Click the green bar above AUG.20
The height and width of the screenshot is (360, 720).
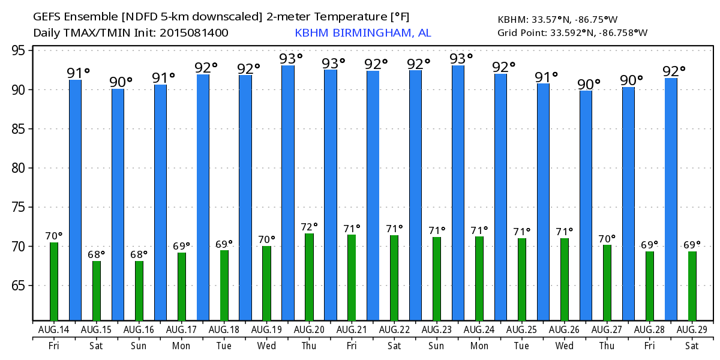click(309, 277)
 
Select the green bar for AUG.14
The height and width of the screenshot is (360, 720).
click(54, 281)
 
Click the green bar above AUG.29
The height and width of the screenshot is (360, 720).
click(692, 286)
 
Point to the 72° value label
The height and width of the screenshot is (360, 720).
click(309, 227)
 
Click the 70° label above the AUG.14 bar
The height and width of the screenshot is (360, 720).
click(54, 236)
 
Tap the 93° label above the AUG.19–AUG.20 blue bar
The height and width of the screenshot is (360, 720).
click(291, 59)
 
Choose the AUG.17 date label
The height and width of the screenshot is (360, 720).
click(181, 329)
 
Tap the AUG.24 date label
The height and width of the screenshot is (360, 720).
click(479, 329)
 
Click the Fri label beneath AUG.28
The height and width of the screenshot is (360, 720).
click(649, 346)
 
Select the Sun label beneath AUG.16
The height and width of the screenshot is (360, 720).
click(139, 346)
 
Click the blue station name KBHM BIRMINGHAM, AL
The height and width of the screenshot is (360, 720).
click(363, 33)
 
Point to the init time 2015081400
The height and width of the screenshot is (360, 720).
click(194, 33)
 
